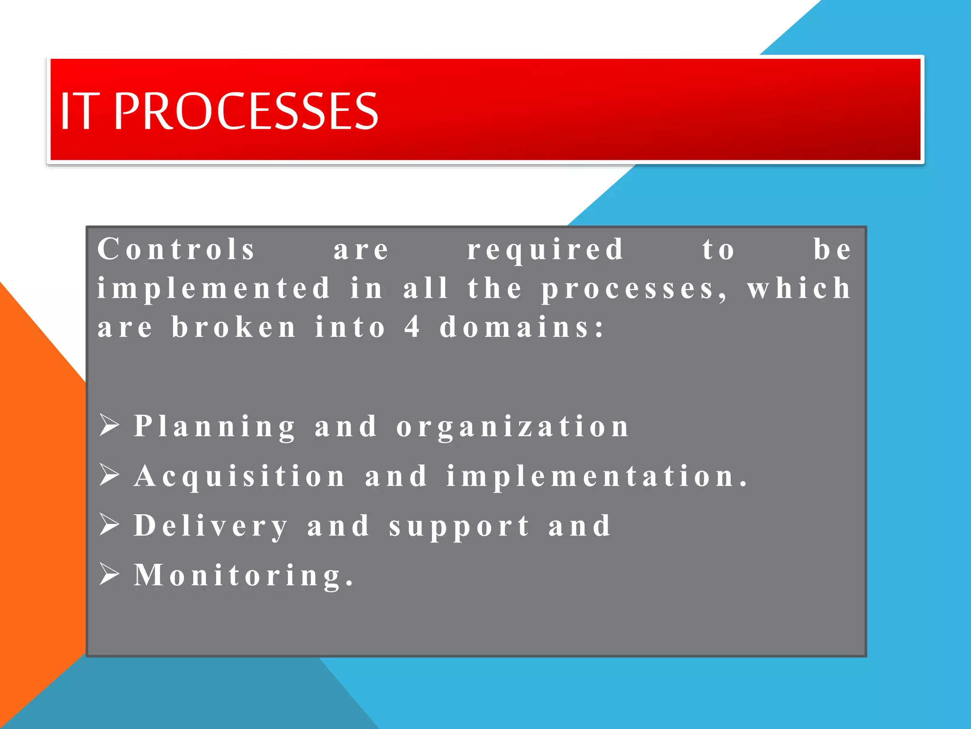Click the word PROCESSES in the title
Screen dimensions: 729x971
point(246,111)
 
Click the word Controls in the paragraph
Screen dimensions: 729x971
point(176,249)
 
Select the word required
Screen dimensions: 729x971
point(545,250)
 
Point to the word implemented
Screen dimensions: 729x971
point(213,289)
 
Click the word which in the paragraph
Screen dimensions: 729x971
point(799,288)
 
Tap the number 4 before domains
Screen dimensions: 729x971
point(412,327)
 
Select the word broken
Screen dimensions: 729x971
point(234,327)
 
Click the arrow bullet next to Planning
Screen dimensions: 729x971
point(110,425)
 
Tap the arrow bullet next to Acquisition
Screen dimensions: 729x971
point(110,475)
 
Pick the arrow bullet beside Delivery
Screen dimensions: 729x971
point(110,524)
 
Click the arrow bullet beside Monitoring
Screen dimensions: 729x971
point(110,574)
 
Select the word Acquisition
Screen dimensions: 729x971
point(239,477)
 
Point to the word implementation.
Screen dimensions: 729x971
point(596,477)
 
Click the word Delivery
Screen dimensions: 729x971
point(211,526)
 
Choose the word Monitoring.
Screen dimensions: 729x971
point(243,576)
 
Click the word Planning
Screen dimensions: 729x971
point(214,427)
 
